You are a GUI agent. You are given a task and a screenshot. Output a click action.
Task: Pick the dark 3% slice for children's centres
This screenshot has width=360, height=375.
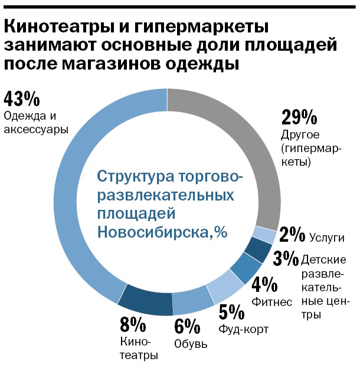[x=257, y=251]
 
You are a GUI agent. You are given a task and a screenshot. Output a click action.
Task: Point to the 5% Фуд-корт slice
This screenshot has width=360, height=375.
[x=224, y=285]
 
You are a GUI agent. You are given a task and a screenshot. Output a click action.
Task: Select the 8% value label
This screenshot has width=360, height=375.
[x=133, y=325]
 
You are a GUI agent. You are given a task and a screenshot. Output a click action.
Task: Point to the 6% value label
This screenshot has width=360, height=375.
[x=187, y=325]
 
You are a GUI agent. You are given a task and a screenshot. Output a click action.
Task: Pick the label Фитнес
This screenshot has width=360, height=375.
[x=271, y=302]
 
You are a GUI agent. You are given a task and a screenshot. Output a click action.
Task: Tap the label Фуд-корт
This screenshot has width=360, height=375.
[x=243, y=329]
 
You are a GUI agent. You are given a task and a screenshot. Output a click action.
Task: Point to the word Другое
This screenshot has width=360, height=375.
[x=301, y=135]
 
